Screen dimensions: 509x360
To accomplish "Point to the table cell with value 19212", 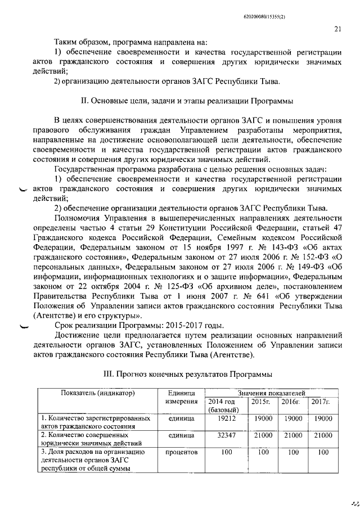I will pyautogui.click(x=226, y=419).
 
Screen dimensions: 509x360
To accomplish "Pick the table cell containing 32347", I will pyautogui.click(x=226, y=435).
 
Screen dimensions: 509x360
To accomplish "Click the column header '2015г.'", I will pyautogui.click(x=261, y=402).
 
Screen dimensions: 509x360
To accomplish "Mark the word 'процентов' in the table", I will pyautogui.click(x=182, y=452).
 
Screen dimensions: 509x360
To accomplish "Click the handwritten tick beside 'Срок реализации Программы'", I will pyautogui.click(x=27, y=325).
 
